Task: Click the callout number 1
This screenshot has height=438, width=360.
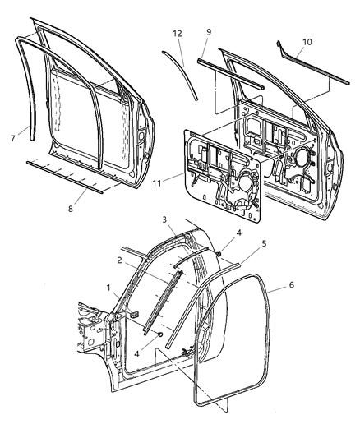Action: (x=108, y=288)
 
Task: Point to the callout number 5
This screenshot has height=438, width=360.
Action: (x=242, y=243)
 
